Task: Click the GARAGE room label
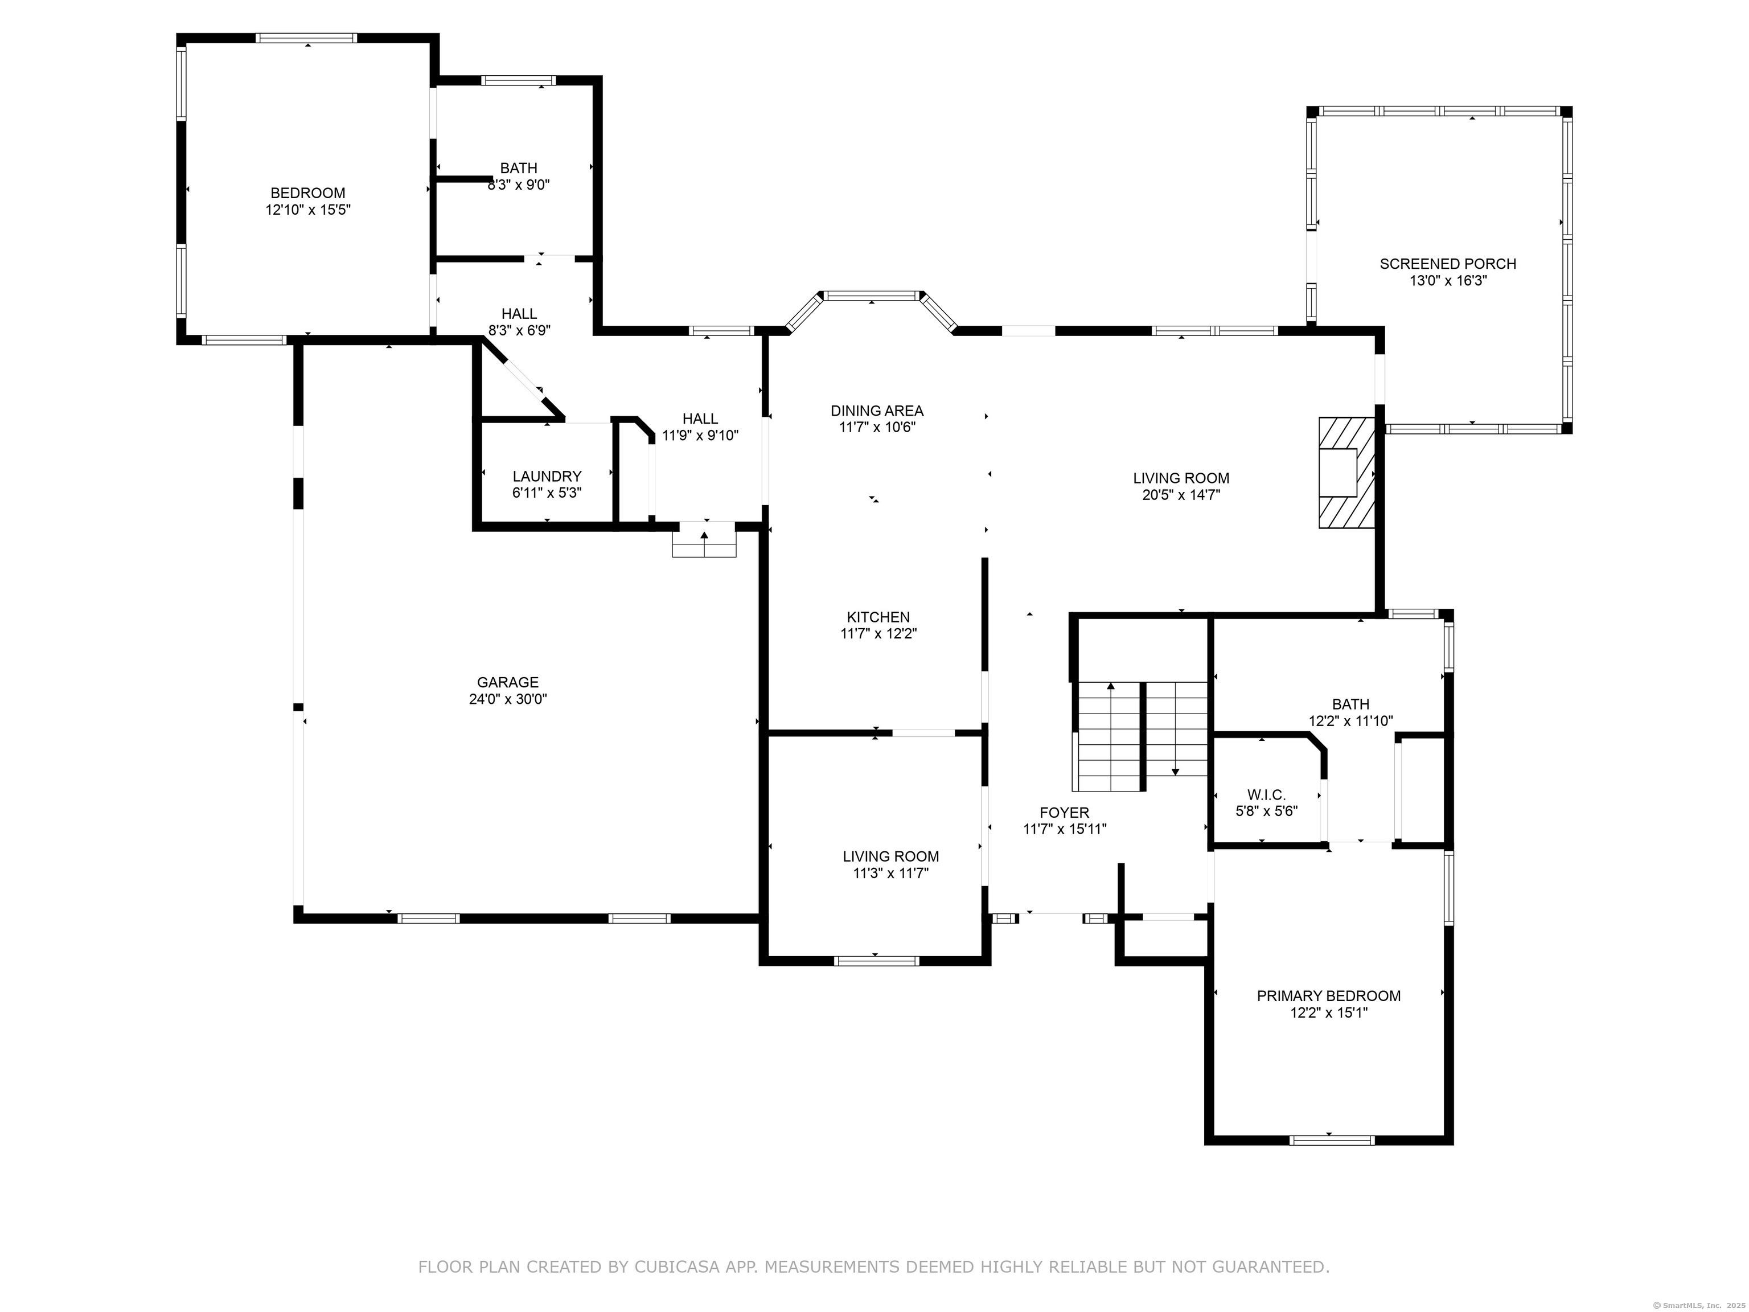pos(508,682)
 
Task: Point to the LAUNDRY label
pos(547,476)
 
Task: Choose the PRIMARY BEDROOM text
pos(1328,995)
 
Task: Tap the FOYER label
pos(1064,812)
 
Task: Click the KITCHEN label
pos(878,617)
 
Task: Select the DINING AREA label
pos(877,411)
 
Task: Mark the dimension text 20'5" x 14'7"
pos(1181,495)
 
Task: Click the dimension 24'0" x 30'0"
pos(508,699)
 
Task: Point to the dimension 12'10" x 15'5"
pos(307,210)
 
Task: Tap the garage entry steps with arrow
pos(704,540)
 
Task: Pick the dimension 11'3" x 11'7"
pos(890,873)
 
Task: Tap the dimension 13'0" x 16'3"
pos(1448,281)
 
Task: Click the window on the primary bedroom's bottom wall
pos(1332,1139)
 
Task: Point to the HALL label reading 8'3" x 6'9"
pos(519,322)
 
